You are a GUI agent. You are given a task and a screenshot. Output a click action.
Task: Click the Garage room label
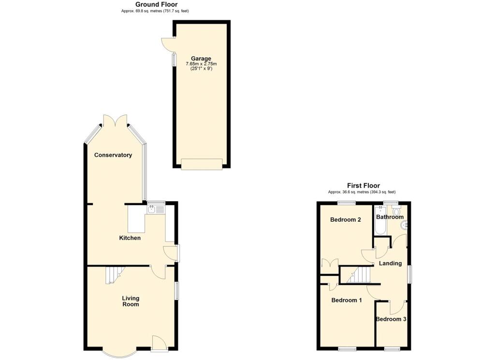201,59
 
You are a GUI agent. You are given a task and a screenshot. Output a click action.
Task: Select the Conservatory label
113,155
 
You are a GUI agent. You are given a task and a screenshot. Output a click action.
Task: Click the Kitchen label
130,238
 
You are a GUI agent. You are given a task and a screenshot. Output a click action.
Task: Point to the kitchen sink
152,209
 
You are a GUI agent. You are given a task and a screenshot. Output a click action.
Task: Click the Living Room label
130,301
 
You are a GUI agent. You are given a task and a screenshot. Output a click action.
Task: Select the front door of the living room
159,343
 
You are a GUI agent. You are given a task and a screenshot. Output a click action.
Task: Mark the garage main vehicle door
202,165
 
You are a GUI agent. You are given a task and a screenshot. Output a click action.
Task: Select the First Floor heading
363,185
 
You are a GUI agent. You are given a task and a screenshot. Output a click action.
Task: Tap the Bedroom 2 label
346,220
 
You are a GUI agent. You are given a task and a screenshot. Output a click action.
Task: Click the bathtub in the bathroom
380,221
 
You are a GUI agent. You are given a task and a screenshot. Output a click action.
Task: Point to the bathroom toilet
397,210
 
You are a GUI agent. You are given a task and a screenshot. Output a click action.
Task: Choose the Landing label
390,263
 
